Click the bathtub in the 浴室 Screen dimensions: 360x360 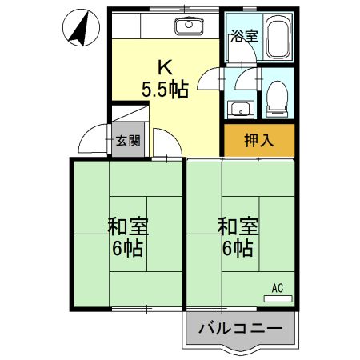point(277,38)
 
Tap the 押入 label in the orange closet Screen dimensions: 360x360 point(258,140)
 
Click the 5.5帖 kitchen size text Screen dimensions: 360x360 point(165,89)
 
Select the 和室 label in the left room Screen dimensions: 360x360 point(127,226)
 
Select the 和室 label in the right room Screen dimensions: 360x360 point(237,226)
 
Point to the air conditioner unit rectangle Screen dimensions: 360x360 point(278,298)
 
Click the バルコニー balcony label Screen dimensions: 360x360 point(240,328)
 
